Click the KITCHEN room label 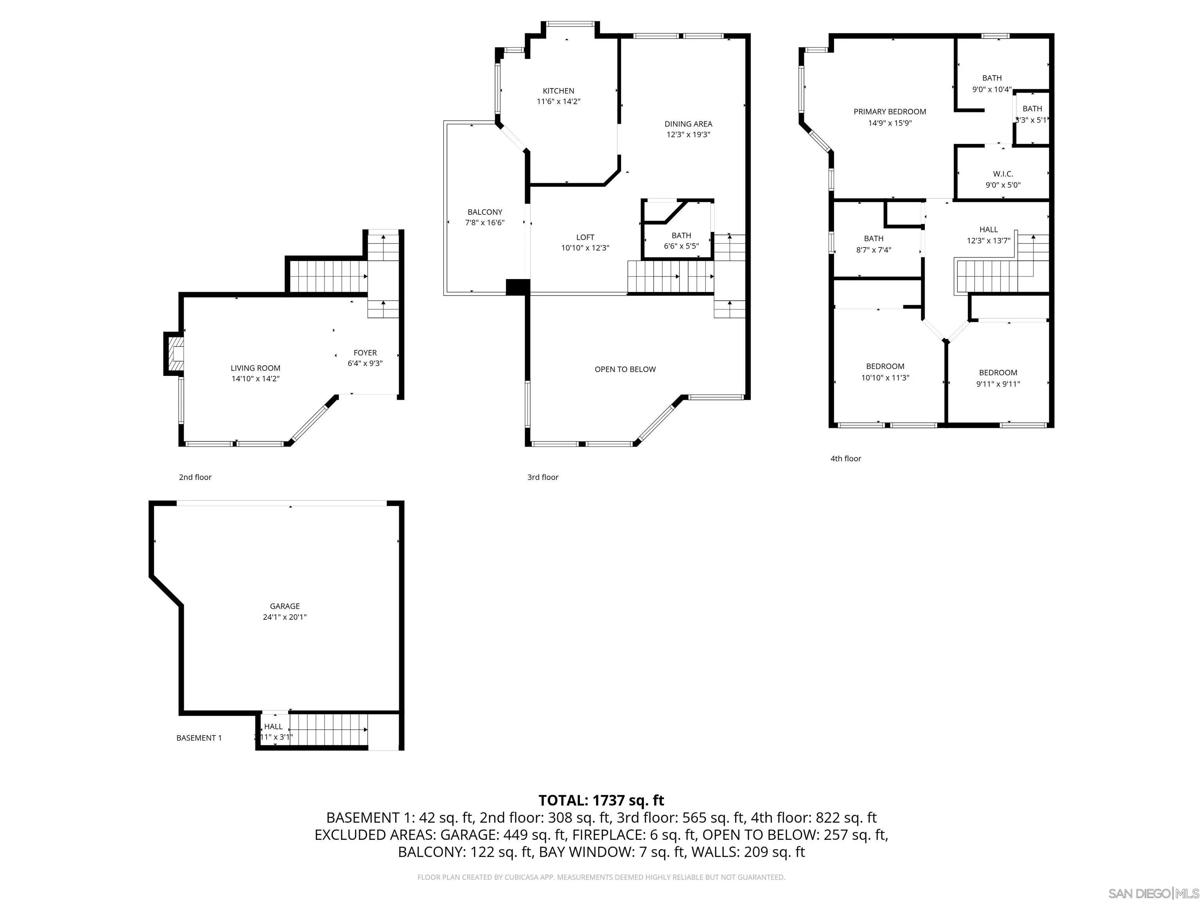pos(558,91)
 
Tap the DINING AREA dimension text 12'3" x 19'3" pos(688,134)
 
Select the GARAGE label pos(284,606)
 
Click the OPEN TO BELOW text pos(625,369)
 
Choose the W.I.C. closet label pos(1003,174)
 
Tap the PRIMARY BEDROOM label pos(890,112)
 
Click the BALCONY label pos(484,212)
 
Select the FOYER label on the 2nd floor pos(365,353)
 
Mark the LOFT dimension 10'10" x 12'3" pos(585,248)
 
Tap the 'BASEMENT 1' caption pos(199,738)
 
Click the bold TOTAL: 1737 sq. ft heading pos(601,800)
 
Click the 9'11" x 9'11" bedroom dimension pos(998,384)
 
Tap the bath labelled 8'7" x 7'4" pos(873,239)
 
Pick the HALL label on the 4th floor pos(988,229)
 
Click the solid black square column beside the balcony pos(517,287)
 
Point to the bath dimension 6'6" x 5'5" pos(681,246)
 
